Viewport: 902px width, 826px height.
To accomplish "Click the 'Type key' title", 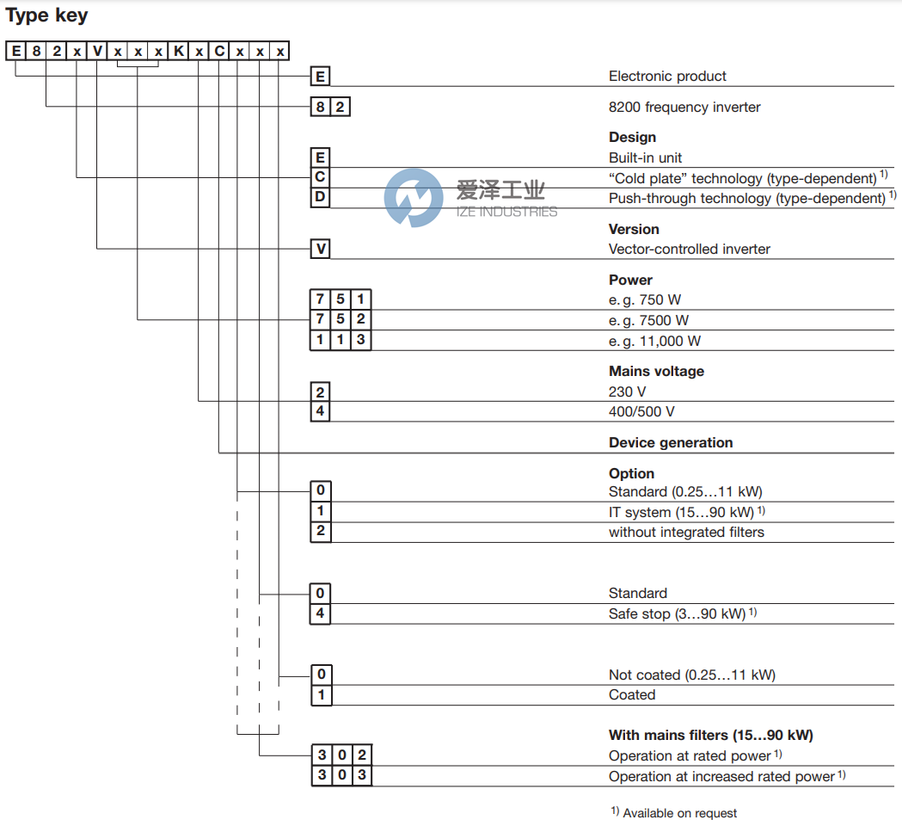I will (x=47, y=15).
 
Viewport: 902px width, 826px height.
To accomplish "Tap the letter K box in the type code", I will (x=178, y=52).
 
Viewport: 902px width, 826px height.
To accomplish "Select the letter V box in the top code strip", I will (x=97, y=52).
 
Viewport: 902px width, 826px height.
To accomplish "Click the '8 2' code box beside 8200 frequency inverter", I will (x=330, y=108).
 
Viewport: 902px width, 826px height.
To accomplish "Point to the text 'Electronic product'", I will (x=667, y=77).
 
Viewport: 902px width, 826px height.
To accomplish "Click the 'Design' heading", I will (x=632, y=138).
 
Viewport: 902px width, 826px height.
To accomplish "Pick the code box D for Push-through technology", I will (x=320, y=199).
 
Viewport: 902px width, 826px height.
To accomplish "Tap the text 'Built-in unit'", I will (x=645, y=158).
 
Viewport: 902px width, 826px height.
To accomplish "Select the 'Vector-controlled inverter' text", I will (x=690, y=250).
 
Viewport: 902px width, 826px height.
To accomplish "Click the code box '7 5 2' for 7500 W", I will (x=341, y=320).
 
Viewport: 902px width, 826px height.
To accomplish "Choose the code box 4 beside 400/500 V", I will (x=320, y=411).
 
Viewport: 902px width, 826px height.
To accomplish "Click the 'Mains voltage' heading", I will (x=656, y=372).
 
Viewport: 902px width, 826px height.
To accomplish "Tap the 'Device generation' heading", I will (x=671, y=443).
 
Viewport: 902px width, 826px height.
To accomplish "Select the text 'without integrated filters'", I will (x=686, y=533).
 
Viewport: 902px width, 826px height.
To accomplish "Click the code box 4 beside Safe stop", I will (x=320, y=614).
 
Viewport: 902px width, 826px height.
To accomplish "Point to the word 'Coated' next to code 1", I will (x=632, y=695).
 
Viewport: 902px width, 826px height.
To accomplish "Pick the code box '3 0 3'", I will (x=341, y=776).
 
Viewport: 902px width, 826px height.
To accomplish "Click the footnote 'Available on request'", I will (x=679, y=813).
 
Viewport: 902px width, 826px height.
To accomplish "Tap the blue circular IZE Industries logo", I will (x=414, y=198).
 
